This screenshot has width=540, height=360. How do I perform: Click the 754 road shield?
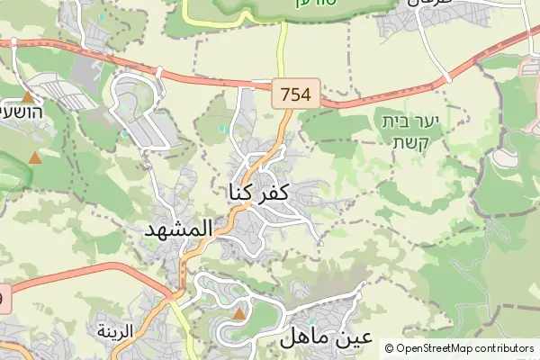[x=297, y=94]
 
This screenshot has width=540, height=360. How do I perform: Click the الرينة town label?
[x=115, y=330]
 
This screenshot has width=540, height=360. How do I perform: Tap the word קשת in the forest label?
[x=413, y=142]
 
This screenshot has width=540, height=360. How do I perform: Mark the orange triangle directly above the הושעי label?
[x=28, y=96]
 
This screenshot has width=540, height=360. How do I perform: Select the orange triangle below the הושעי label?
[x=35, y=158]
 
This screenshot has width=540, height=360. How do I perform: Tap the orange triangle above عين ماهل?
[x=239, y=314]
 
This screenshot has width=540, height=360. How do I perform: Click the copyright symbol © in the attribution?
[x=389, y=347]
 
